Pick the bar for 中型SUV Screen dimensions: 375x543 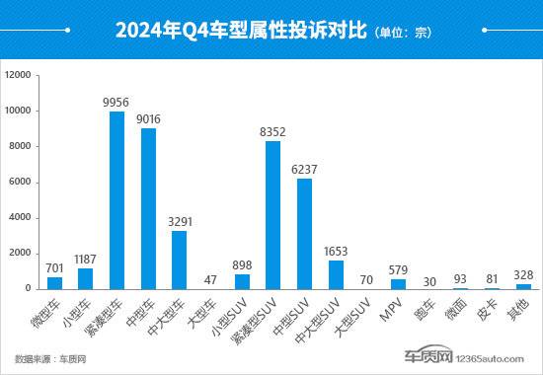[x=304, y=233]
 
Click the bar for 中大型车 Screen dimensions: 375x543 [x=179, y=260]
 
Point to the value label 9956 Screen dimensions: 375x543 [x=116, y=102]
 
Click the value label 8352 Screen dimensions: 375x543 [x=272, y=130]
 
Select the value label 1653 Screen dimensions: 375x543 [x=336, y=250]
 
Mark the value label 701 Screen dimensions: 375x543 [x=54, y=266]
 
